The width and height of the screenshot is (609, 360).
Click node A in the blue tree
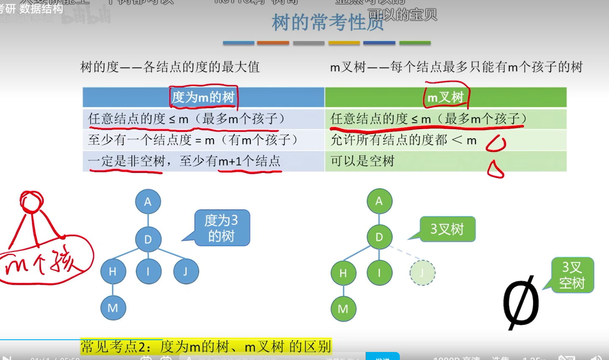click(x=148, y=202)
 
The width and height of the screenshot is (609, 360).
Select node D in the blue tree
click(x=148, y=240)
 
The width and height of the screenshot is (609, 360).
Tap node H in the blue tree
click(x=113, y=271)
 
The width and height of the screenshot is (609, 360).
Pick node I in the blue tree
click(x=148, y=271)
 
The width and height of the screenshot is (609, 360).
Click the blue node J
click(x=186, y=271)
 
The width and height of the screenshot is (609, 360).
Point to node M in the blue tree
click(x=113, y=308)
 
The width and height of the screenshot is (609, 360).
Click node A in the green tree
click(x=379, y=201)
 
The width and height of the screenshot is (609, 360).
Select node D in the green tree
click(x=379, y=237)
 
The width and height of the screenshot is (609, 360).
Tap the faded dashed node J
click(x=422, y=273)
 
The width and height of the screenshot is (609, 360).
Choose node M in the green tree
click(x=343, y=309)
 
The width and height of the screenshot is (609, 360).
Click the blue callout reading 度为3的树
click(x=222, y=228)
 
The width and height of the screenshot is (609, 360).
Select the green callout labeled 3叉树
click(x=447, y=229)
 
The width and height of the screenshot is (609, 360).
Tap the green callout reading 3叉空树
click(x=572, y=275)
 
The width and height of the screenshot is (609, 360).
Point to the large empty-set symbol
click(x=521, y=303)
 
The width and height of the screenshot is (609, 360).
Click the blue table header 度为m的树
click(x=203, y=98)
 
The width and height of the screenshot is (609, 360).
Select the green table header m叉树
click(x=445, y=98)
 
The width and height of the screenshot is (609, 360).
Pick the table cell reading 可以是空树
click(x=362, y=161)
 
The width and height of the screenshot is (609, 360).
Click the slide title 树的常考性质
click(x=328, y=22)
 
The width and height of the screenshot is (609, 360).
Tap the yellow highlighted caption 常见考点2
click(x=206, y=346)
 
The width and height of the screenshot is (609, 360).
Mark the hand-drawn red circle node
click(x=32, y=202)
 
